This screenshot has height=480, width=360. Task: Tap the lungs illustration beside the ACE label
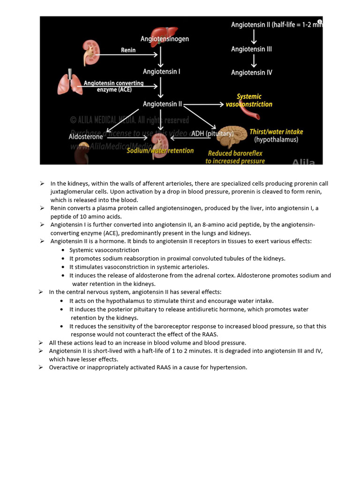[70, 82]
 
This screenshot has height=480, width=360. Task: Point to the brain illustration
[232, 136]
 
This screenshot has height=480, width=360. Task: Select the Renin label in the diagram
[128, 50]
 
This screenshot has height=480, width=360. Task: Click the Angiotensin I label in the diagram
[161, 72]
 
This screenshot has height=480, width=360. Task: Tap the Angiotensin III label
[251, 49]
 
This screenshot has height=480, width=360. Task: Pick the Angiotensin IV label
[251, 73]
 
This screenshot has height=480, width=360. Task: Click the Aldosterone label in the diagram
[86, 136]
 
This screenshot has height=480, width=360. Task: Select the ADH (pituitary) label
[212, 134]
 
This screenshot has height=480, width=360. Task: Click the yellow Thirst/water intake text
[276, 132]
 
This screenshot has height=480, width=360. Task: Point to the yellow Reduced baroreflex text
[235, 153]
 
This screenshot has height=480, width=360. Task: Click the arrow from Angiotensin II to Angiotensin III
[254, 37]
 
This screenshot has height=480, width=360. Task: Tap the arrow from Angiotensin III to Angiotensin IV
[254, 60]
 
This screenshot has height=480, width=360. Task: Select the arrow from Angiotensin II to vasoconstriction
[203, 105]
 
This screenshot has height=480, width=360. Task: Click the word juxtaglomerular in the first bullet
[71, 192]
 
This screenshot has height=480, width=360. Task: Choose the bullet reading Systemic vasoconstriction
[104, 250]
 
